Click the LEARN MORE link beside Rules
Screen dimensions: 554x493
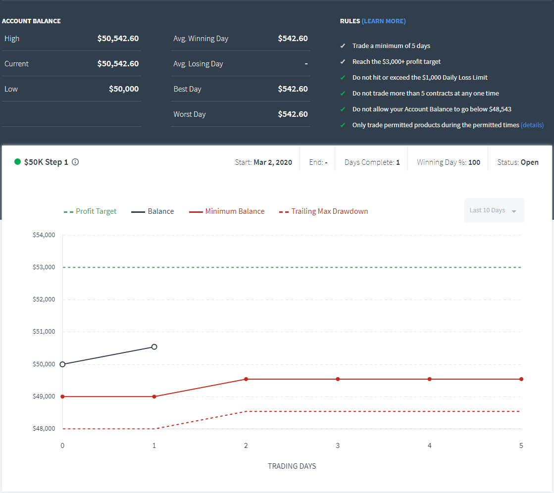[x=383, y=21]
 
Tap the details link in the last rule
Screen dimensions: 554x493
[x=532, y=125]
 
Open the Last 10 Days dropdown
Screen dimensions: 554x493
[x=494, y=210]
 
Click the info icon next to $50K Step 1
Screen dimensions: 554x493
[x=75, y=162]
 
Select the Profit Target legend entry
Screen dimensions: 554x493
[x=90, y=211]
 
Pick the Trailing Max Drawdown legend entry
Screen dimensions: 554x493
[x=323, y=211]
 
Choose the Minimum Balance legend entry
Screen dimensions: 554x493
[x=226, y=211]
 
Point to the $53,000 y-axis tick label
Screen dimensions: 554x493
[x=44, y=267]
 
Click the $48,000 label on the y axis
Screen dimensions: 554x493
[x=44, y=429]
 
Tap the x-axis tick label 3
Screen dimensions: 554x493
[x=338, y=445]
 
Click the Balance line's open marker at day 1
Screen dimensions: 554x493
[x=154, y=347]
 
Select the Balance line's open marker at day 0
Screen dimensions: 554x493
[x=62, y=364]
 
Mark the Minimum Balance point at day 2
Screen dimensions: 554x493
[x=246, y=379]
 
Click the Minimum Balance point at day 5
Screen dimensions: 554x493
[x=521, y=379]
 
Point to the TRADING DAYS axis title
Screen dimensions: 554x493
[x=292, y=466]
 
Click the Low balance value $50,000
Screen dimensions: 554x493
[x=124, y=89]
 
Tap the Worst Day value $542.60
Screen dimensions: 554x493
[x=293, y=114]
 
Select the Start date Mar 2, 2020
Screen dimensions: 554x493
[x=273, y=162]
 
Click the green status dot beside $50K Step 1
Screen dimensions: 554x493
[x=17, y=162]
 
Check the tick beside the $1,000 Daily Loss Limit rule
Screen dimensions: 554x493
[x=343, y=78]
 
